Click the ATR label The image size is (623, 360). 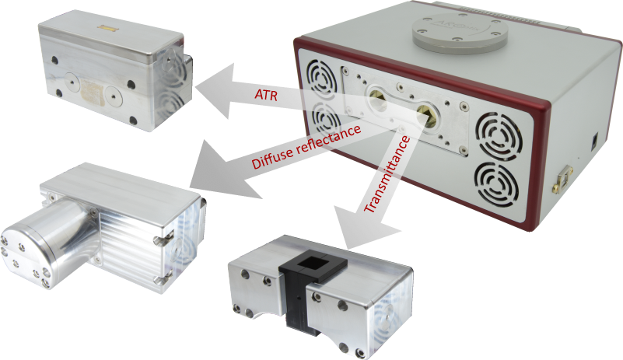[266, 95]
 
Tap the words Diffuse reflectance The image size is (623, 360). [306, 147]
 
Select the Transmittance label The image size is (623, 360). [387, 174]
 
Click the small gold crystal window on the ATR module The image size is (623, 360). [107, 28]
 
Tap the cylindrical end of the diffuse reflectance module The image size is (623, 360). [44, 243]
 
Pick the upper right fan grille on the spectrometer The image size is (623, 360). [499, 136]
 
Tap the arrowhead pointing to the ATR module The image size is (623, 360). [215, 91]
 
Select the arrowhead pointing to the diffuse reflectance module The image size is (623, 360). [222, 170]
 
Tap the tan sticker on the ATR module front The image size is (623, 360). [94, 91]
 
